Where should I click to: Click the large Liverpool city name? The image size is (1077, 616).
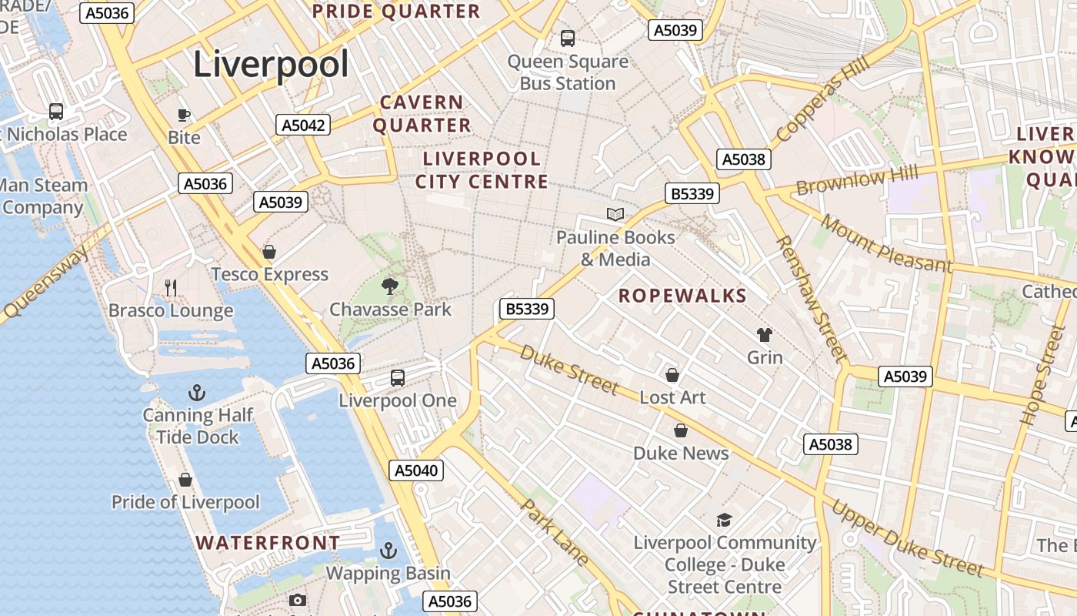(271, 64)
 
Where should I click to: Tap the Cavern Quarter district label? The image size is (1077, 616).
(422, 114)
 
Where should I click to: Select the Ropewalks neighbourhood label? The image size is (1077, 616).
(682, 296)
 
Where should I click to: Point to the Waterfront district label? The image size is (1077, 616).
(268, 543)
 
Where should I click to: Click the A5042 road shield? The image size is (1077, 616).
(303, 125)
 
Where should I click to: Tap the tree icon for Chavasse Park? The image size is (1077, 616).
(390, 286)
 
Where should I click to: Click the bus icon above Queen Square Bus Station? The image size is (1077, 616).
(568, 38)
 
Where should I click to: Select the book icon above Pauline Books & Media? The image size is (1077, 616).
(615, 214)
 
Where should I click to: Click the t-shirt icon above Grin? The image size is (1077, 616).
(765, 335)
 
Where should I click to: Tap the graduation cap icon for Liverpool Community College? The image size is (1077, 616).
(724, 520)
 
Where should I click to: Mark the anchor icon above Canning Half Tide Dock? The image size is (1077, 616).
(197, 393)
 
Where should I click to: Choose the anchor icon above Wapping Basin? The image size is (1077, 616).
(388, 551)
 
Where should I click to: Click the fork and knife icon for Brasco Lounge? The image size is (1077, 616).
(171, 288)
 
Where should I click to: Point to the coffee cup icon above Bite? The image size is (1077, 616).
(184, 115)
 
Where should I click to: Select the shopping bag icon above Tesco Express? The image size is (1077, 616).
(269, 252)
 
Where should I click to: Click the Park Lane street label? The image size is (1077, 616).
(555, 532)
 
